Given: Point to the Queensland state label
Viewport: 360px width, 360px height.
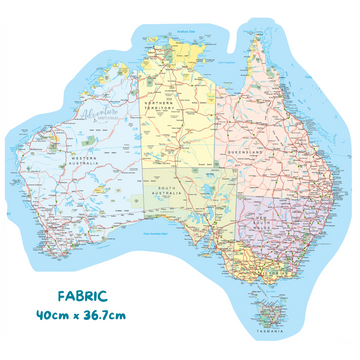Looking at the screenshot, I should click(263, 142).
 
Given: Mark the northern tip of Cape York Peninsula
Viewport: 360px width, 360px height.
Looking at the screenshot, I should click(239, 21).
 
